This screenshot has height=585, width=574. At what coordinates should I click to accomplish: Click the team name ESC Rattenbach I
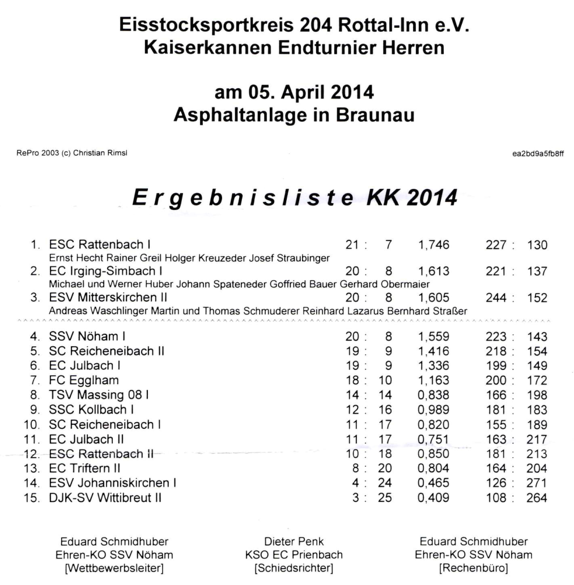tap(100, 245)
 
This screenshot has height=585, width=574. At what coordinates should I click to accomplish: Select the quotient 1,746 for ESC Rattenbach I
tap(433, 245)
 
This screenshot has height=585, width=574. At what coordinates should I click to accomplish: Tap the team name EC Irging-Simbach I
tap(106, 271)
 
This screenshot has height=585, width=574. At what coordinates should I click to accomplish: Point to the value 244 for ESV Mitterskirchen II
tap(496, 298)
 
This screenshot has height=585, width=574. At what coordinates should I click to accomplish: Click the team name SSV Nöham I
tap(87, 337)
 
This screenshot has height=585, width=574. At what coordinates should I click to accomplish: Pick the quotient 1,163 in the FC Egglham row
tap(433, 380)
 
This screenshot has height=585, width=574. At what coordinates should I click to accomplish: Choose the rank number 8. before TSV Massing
tap(35, 395)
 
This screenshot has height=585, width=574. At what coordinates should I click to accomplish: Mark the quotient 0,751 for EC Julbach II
tap(433, 439)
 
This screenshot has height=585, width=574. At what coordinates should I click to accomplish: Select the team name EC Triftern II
tap(86, 468)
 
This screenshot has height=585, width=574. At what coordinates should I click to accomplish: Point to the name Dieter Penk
tap(294, 541)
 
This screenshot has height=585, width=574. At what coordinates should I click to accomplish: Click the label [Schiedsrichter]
tap(294, 567)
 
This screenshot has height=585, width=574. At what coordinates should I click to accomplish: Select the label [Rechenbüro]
tap(474, 567)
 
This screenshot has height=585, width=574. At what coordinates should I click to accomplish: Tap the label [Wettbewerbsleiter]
tap(114, 567)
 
